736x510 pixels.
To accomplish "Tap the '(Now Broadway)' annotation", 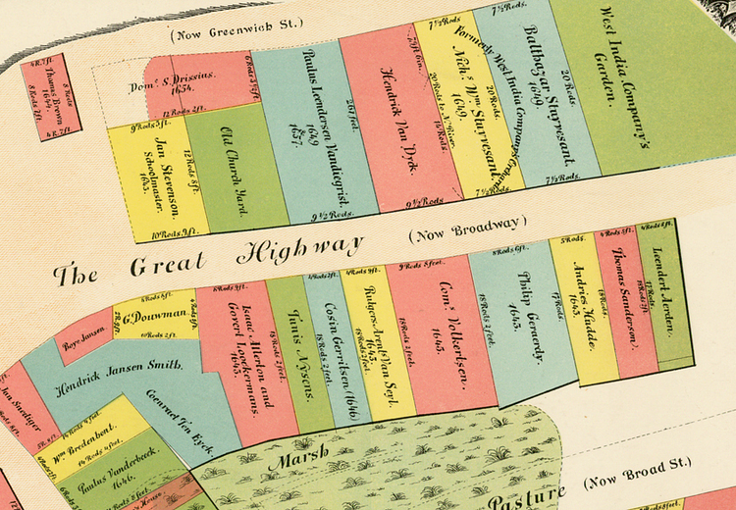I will (x=468, y=229).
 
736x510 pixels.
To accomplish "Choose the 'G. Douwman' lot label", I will (x=154, y=317).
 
